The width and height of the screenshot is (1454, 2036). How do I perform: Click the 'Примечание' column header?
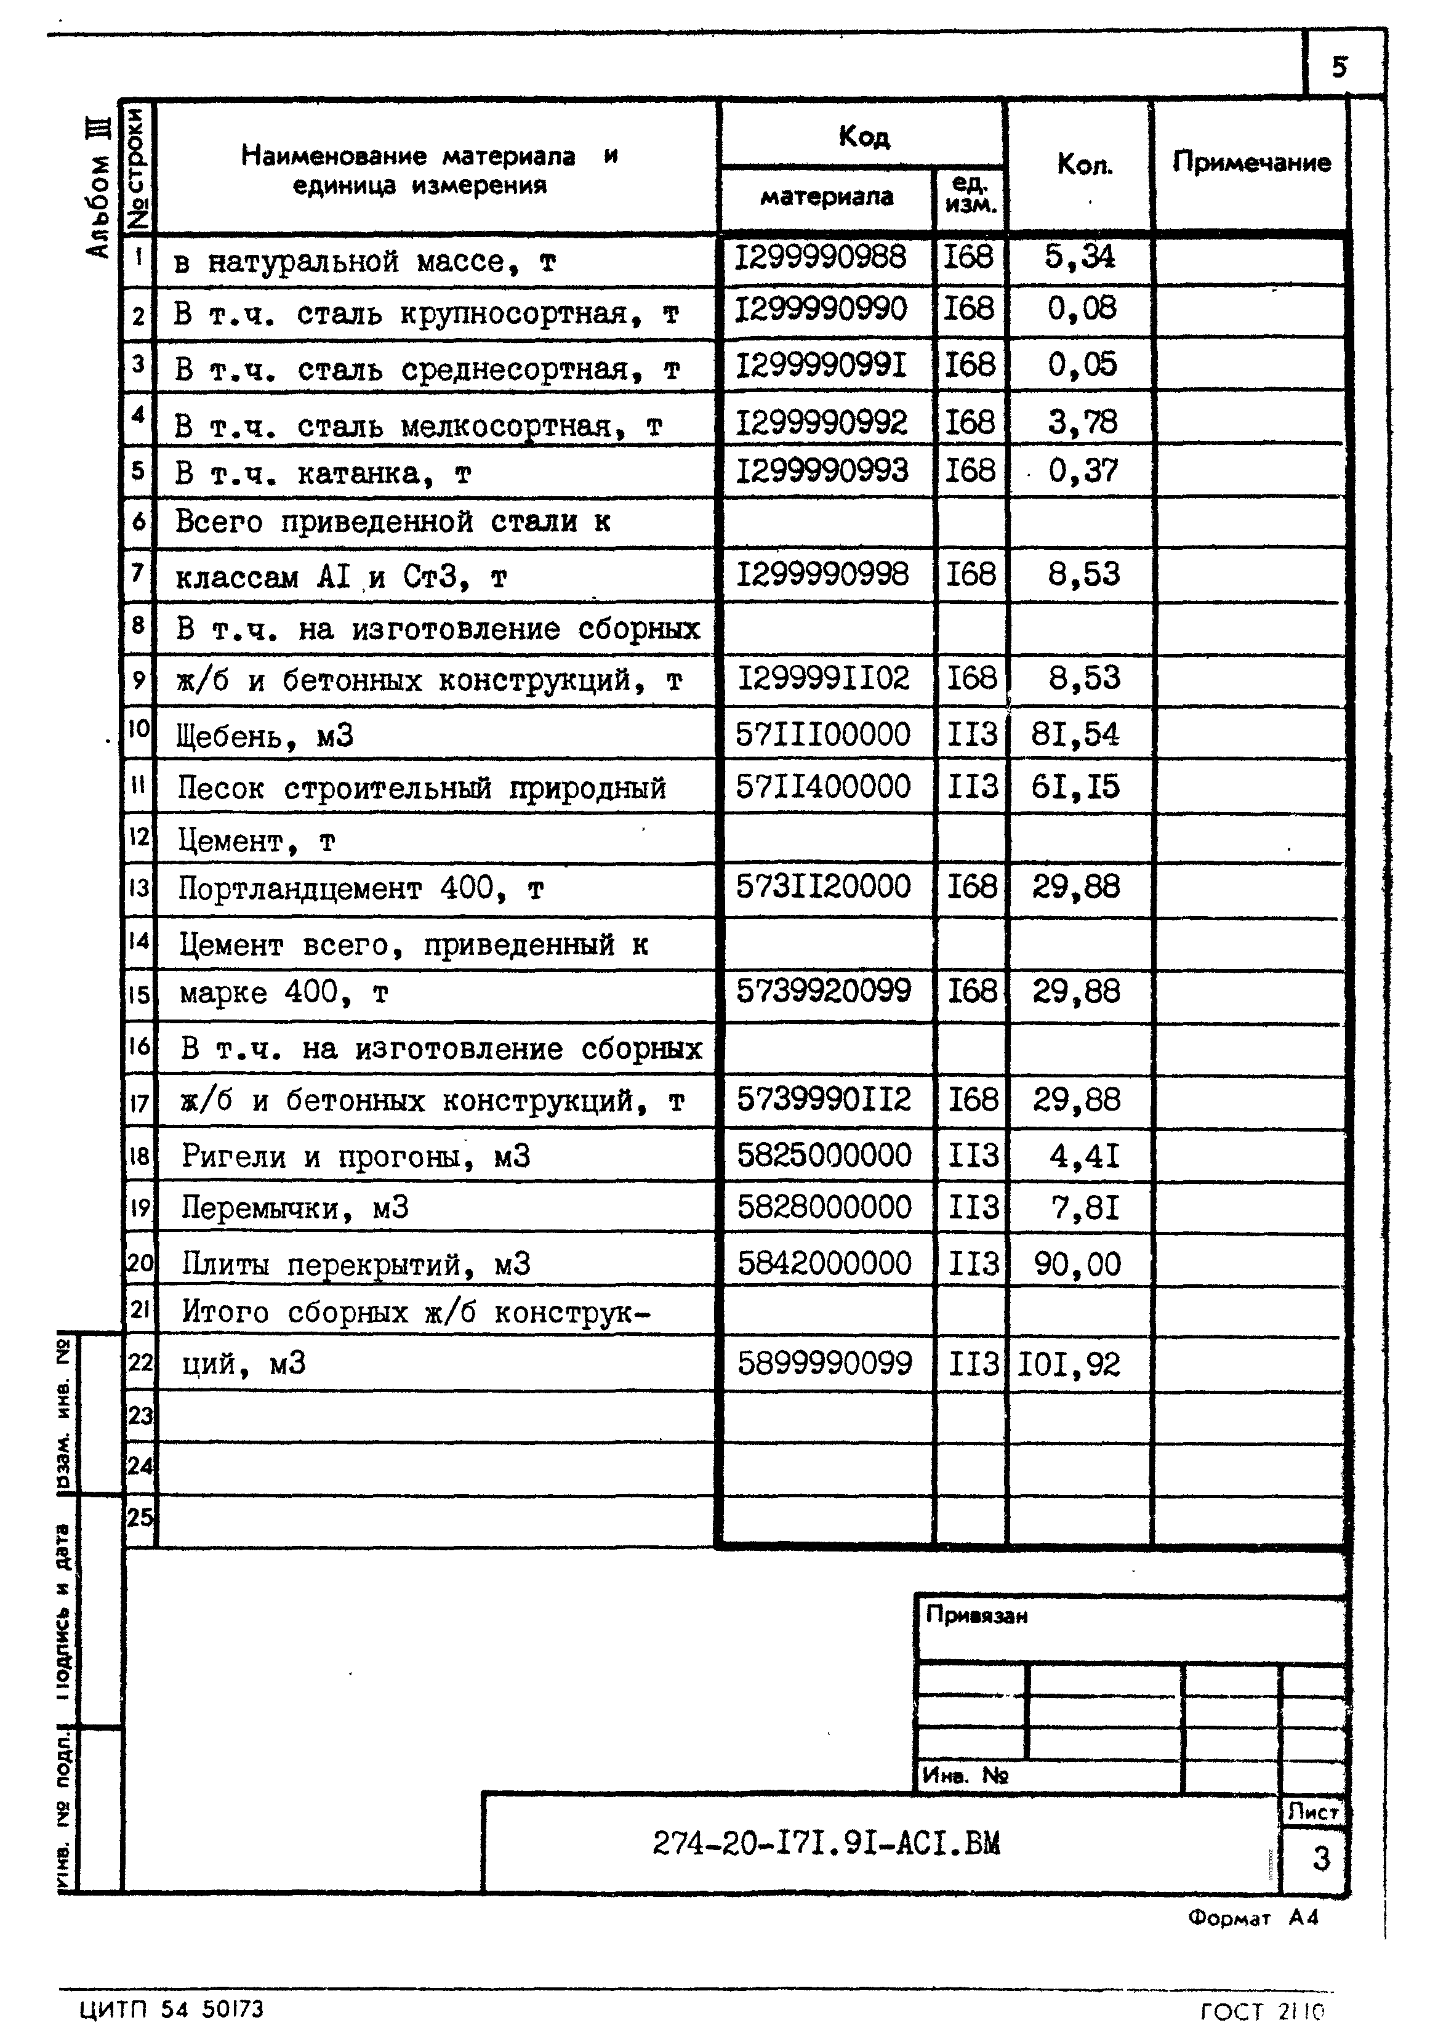(1251, 163)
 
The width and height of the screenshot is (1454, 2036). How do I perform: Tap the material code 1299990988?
(821, 258)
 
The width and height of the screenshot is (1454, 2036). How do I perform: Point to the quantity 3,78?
(1082, 421)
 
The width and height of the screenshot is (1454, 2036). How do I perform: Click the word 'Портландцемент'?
(299, 888)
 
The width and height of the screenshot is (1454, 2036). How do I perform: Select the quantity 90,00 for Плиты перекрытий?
(1077, 1263)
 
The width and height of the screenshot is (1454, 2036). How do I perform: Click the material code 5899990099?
(825, 1364)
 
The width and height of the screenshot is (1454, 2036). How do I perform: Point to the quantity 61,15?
(1075, 787)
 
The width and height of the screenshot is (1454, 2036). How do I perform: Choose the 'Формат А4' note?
(1253, 1918)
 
